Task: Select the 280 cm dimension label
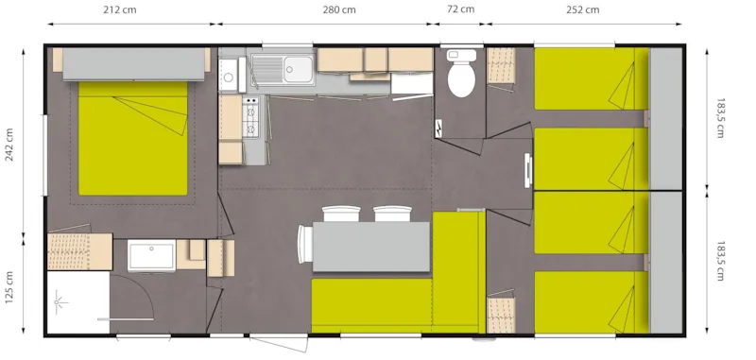pos(338,11)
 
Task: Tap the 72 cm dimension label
pos(460,11)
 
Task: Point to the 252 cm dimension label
pos(582,11)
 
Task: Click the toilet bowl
pos(461,78)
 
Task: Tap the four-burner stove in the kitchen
pos(251,116)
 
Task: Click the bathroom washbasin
pos(151,256)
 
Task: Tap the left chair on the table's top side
pos(336,214)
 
